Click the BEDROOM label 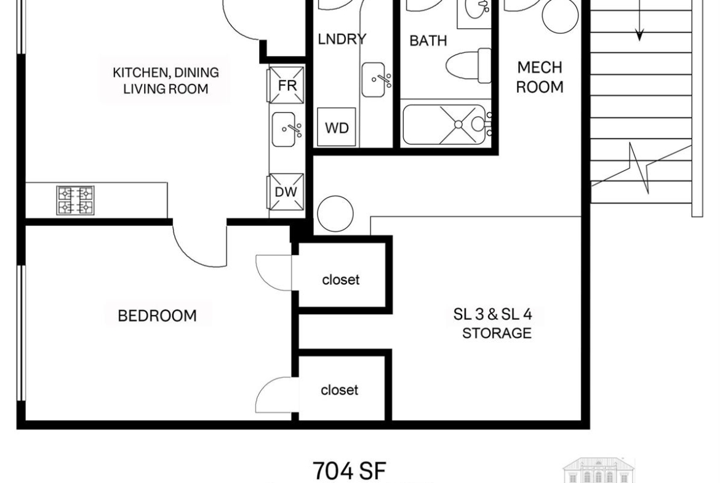click(157, 316)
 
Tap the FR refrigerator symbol click(287, 85)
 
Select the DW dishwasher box click(286, 192)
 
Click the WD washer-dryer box click(337, 127)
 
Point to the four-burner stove click(75, 200)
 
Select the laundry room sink click(374, 80)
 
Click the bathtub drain click(458, 124)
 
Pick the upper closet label click(341, 279)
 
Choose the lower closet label click(339, 390)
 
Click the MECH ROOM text click(540, 77)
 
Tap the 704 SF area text click(350, 470)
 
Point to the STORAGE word click(497, 333)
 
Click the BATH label click(428, 41)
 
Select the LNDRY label click(342, 39)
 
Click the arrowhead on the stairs click(639, 34)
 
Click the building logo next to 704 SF click(599, 471)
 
